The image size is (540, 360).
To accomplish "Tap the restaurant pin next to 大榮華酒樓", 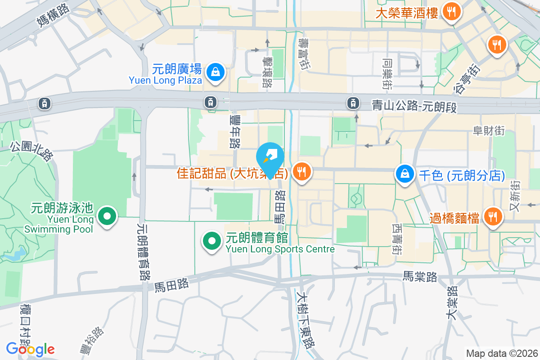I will [x=450, y=12].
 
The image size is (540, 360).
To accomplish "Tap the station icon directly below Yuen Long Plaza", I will [x=210, y=102].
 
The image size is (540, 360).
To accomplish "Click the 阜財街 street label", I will [x=488, y=131].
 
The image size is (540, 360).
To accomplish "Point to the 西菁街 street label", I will [x=396, y=239].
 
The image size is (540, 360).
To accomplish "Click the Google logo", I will [x=30, y=349].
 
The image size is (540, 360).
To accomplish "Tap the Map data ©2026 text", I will [x=501, y=353].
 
